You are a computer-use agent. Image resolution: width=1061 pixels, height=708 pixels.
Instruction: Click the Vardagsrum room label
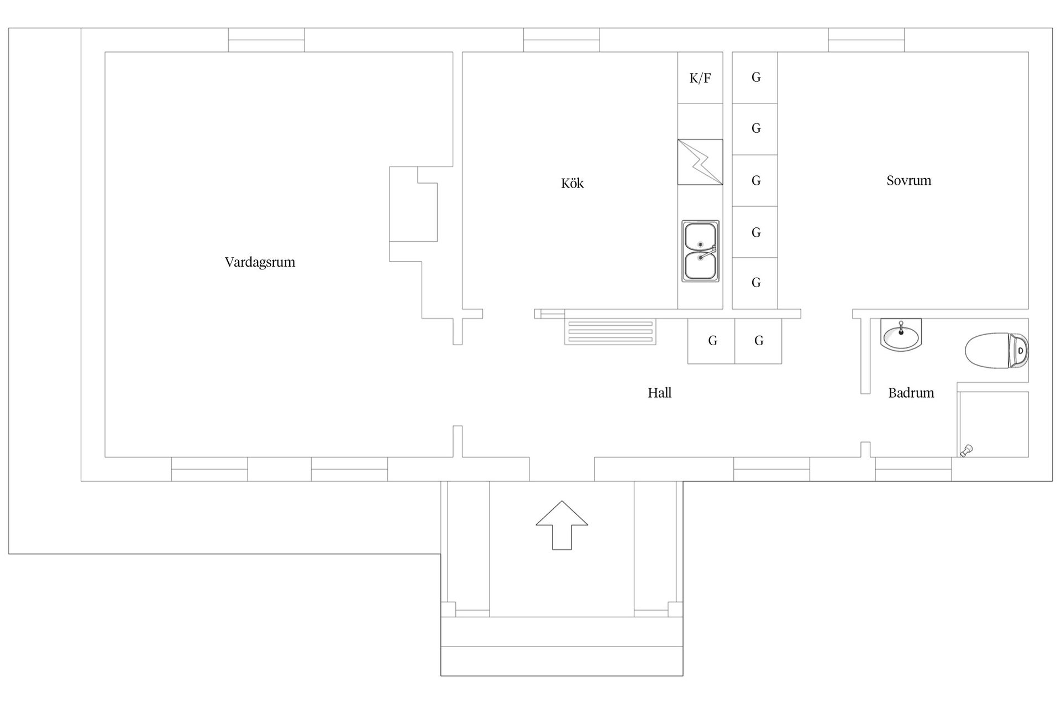coord(260,262)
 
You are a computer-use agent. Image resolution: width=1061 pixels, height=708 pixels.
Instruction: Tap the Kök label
coord(572,183)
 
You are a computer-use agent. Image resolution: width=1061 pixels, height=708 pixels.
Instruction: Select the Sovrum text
coord(909,180)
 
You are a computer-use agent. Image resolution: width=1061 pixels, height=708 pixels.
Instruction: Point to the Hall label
coord(660,393)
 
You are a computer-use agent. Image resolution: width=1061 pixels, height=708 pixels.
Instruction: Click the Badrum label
coord(911,393)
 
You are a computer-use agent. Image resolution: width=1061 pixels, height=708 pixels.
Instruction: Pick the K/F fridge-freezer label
coord(700,78)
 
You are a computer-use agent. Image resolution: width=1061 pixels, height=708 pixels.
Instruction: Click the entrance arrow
coord(562,525)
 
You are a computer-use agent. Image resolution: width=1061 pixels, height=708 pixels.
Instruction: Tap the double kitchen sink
coord(701,251)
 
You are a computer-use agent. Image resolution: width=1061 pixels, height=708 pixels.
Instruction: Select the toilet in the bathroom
coord(997,350)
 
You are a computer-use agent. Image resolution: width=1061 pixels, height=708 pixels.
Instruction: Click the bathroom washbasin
coord(901,335)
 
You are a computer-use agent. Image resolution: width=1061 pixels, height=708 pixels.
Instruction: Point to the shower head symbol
coord(967,451)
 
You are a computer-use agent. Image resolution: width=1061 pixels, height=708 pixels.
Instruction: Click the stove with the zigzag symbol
coord(700,162)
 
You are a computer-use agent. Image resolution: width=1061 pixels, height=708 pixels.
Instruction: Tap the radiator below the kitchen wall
coord(610,332)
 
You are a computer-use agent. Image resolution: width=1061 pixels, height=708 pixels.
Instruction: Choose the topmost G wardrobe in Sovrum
coord(755,77)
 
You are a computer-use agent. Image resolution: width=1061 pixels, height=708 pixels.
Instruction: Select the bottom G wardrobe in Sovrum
coord(755,283)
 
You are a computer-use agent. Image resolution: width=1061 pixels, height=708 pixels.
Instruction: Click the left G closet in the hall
coord(711,341)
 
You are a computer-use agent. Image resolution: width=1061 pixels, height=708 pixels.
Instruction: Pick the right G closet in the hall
coord(758,341)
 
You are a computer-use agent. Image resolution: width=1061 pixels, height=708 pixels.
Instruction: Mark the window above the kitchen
coord(561,40)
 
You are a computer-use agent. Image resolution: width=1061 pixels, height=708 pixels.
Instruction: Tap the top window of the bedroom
coord(866,40)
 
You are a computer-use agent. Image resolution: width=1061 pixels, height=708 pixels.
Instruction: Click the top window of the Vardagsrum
coord(266,40)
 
